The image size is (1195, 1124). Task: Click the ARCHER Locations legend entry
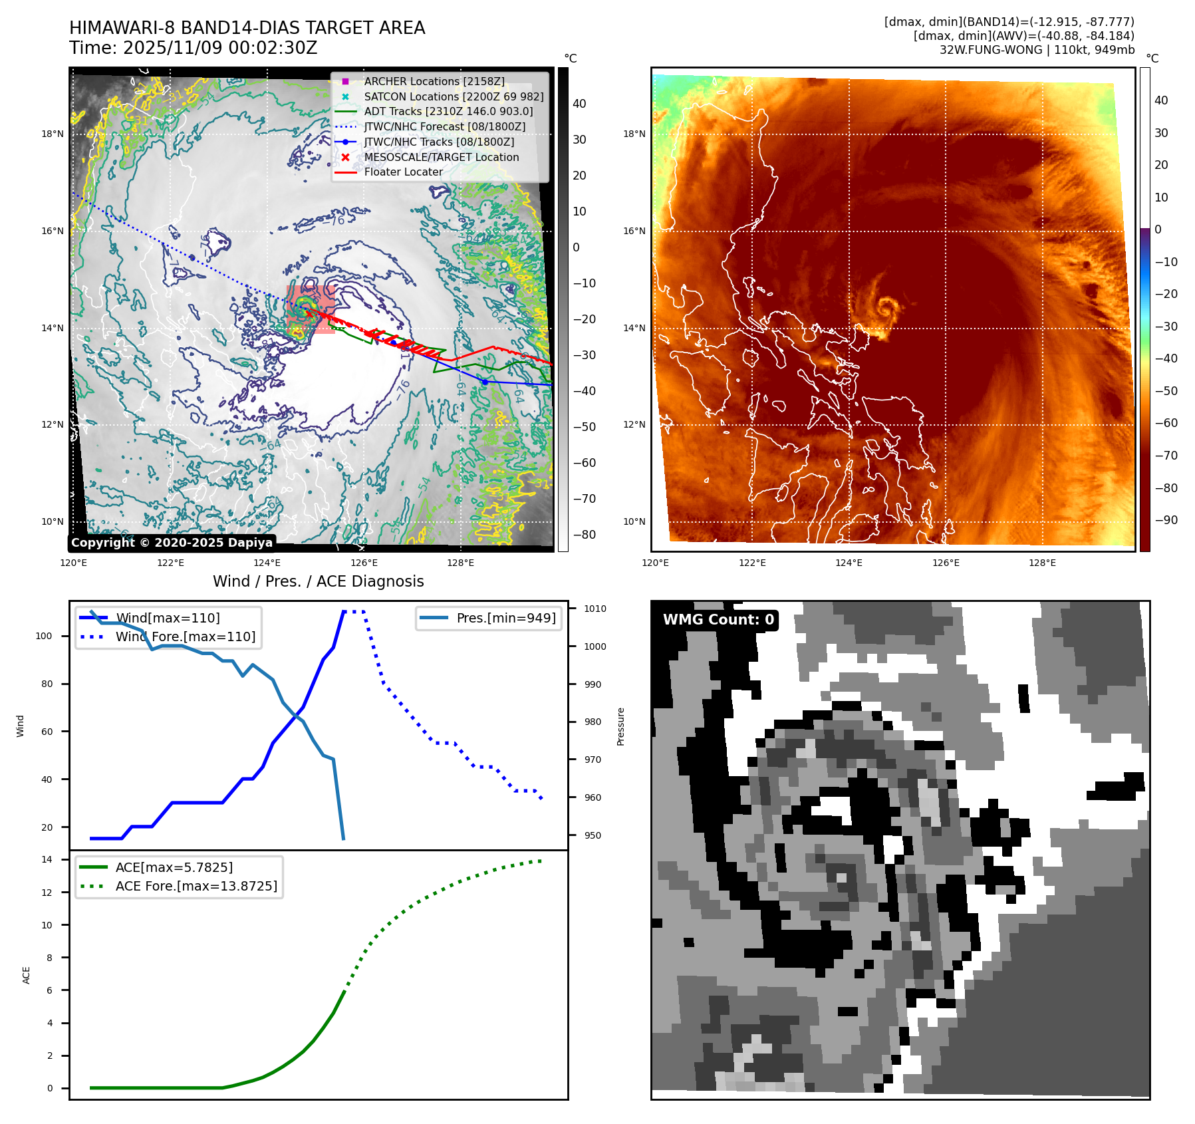[x=434, y=81]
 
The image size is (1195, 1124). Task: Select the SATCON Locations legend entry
[x=454, y=96]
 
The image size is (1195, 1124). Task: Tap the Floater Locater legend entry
[x=403, y=172]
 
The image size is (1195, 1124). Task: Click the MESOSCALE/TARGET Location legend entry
[x=441, y=157]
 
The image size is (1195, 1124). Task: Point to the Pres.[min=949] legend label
[x=505, y=618]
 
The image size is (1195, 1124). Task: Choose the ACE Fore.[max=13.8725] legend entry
[x=196, y=886]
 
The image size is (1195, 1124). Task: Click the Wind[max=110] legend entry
[x=168, y=618]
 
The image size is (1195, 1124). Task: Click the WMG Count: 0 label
[x=718, y=620]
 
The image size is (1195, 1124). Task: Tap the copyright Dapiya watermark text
[x=172, y=543]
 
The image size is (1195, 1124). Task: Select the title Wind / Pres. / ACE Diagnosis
[x=318, y=581]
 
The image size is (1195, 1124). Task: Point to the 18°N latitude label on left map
[x=53, y=134]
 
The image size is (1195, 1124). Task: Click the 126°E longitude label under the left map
[x=364, y=563]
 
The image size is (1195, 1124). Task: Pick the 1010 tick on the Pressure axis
[x=595, y=609]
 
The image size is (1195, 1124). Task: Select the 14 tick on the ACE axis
[x=47, y=859]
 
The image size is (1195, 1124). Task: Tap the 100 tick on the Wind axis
[x=44, y=636]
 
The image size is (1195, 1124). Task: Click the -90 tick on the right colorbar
[x=1166, y=520]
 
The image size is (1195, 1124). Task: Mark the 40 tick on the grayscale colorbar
[x=579, y=104]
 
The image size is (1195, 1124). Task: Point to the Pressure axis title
[x=620, y=726]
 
